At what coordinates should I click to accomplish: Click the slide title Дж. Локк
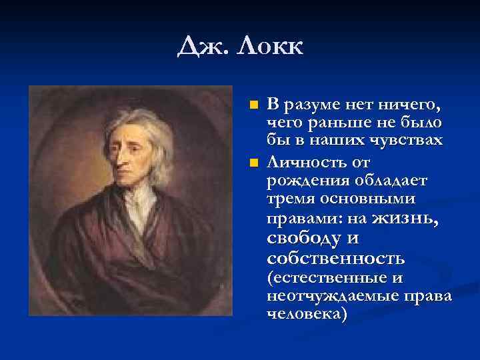240,47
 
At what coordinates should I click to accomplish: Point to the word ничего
409,105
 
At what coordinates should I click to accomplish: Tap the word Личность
309,162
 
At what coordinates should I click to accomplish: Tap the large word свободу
303,238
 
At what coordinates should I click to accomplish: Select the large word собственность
335,257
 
